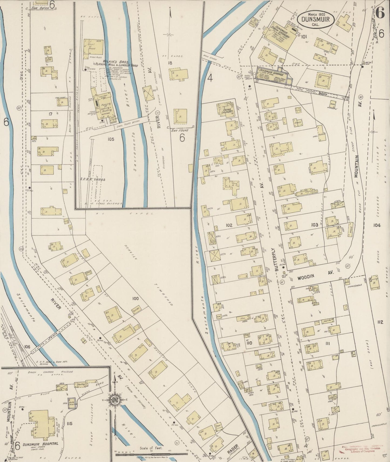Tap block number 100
tap(135, 298)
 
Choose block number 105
tap(110, 139)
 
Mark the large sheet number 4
tap(210, 78)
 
